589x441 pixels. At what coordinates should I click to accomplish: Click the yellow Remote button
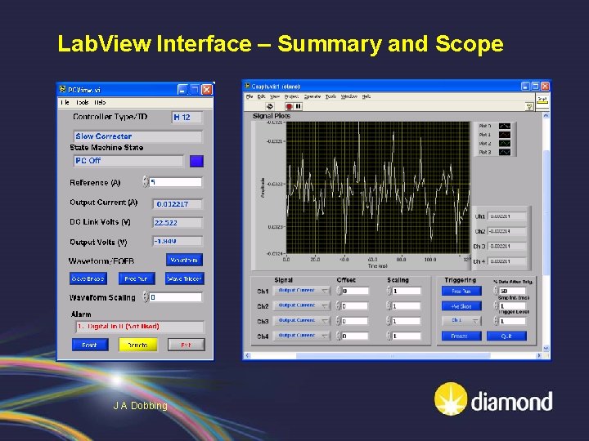click(x=137, y=345)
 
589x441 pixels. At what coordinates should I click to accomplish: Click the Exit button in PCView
click(x=186, y=345)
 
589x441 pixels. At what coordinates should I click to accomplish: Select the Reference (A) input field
click(x=175, y=182)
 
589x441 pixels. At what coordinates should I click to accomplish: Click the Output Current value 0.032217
click(x=177, y=203)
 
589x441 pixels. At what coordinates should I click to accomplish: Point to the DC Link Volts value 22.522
click(x=177, y=222)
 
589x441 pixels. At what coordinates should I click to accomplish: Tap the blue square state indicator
click(x=196, y=161)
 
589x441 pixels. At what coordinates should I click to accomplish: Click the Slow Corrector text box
click(x=137, y=136)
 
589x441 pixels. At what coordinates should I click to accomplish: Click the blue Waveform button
click(x=184, y=260)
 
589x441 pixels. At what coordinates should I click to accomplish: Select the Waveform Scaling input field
click(x=175, y=298)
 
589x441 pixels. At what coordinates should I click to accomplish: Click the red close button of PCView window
click(x=207, y=90)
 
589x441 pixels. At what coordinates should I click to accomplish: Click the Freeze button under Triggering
click(x=460, y=336)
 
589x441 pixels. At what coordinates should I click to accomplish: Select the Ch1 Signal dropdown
click(x=302, y=291)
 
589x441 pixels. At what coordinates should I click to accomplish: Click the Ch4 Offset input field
click(x=361, y=336)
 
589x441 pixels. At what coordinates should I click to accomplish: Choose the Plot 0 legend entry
click(x=496, y=127)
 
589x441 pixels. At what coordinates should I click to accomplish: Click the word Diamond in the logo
click(x=511, y=402)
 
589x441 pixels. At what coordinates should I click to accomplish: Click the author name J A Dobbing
click(x=140, y=406)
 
